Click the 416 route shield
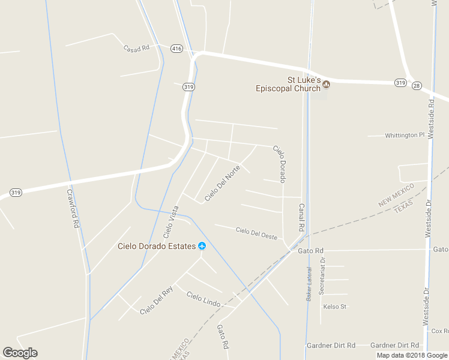pyautogui.click(x=176, y=48)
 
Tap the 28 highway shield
pyautogui.click(x=416, y=86)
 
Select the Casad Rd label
pyautogui.click(x=136, y=48)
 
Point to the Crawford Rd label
pyautogui.click(x=73, y=209)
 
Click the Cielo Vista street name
pyautogui.click(x=170, y=221)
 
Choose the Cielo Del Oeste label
pyautogui.click(x=256, y=233)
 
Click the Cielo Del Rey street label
pyautogui.click(x=156, y=300)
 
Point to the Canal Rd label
pyautogui.click(x=301, y=218)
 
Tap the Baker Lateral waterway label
pyautogui.click(x=310, y=284)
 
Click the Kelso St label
pyautogui.click(x=335, y=307)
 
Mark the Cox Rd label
pyautogui.click(x=439, y=331)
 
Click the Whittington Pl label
pyautogui.click(x=405, y=136)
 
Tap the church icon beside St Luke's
pyautogui.click(x=327, y=84)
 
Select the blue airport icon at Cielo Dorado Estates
pyautogui.click(x=202, y=246)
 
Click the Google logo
pyautogui.click(x=20, y=353)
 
